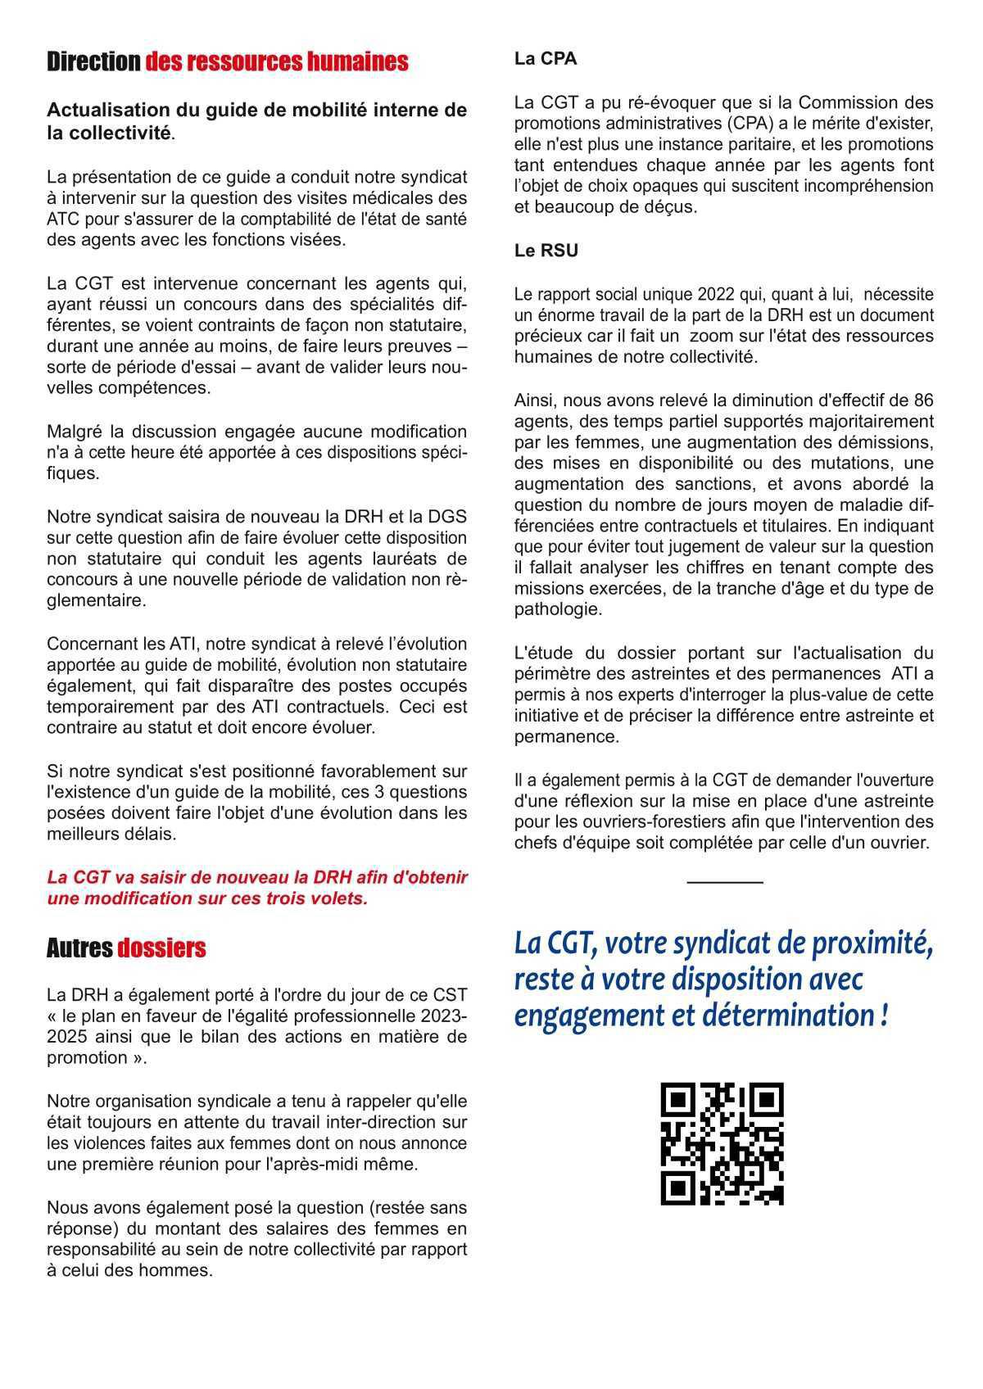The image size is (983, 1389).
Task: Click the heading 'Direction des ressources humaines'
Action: coord(227,62)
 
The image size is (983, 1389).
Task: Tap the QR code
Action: coord(722,1143)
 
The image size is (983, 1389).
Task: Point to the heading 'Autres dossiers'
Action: coord(126,948)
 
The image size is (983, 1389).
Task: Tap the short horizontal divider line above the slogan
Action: coord(724,882)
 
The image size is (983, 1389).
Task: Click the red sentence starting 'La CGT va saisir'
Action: coord(256,888)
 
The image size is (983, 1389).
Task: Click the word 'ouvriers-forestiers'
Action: coord(612,821)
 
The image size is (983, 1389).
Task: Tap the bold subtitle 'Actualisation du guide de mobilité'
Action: coord(256,120)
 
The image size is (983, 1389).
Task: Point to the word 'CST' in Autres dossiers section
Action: coord(451,995)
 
